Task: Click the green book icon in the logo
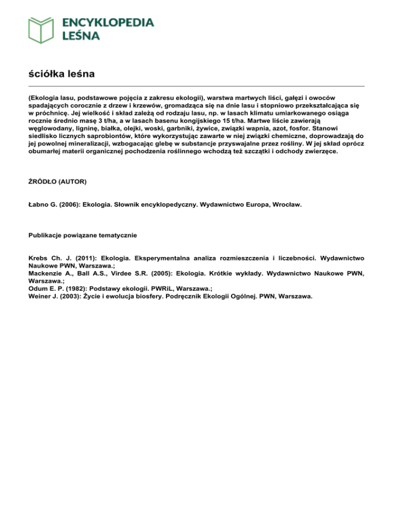[41, 29]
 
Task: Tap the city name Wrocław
[286, 205]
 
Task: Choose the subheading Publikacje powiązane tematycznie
[82, 235]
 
